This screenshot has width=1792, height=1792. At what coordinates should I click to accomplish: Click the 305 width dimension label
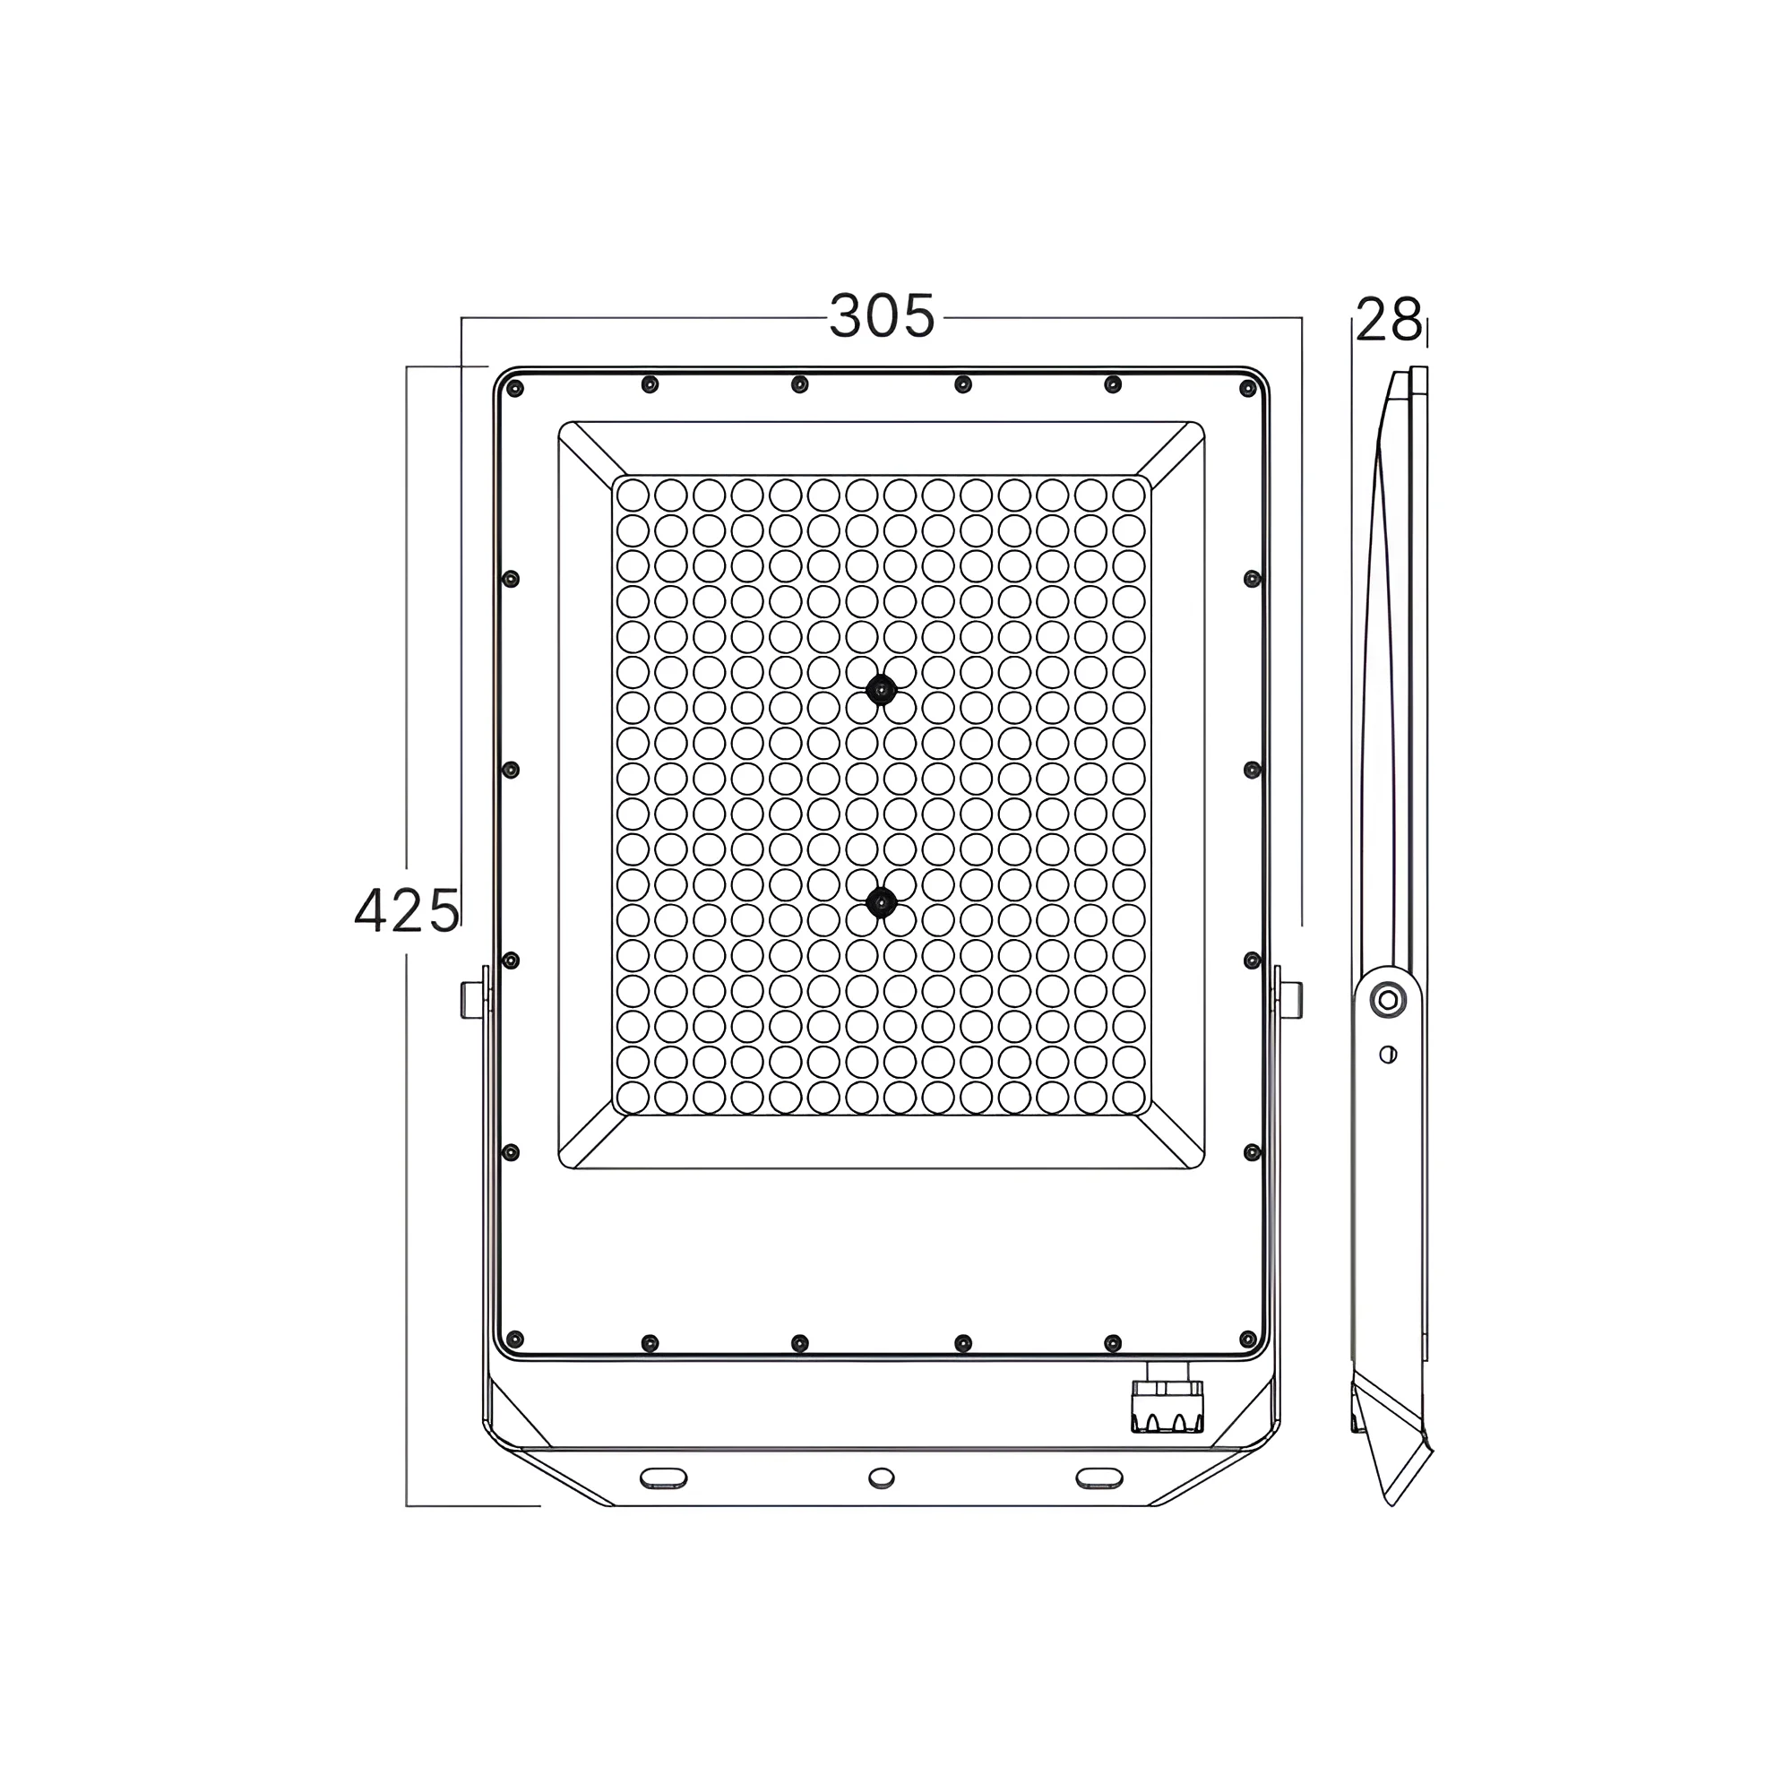881,316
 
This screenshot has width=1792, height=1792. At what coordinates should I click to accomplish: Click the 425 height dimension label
406,910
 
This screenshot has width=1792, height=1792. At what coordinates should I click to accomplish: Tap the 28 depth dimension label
1389,320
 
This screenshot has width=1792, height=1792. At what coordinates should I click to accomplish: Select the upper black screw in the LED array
880,689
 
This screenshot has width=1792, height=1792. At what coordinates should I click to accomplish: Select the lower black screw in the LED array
880,901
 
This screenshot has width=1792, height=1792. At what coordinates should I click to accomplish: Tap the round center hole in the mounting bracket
881,1478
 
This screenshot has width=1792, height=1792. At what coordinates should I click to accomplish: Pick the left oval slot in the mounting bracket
663,1478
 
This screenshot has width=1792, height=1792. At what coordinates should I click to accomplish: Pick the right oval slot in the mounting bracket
1099,1478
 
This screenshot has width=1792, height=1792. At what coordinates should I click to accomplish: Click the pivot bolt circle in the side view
1388,1001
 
